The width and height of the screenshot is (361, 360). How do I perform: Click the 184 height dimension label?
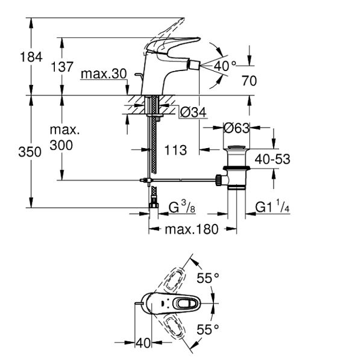(x=31, y=57)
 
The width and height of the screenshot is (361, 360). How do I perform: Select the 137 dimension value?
(x=62, y=67)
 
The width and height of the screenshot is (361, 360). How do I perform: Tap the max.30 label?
(x=104, y=74)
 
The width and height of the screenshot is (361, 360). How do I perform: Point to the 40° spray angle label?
(x=225, y=66)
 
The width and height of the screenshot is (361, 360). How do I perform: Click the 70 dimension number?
(x=249, y=81)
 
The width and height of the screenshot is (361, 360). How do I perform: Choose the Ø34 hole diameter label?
(x=193, y=112)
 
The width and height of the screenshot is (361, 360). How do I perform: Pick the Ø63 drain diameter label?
(x=236, y=128)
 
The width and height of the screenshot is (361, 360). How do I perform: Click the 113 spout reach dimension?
(x=175, y=151)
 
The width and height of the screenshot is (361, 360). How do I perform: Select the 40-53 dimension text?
(x=272, y=159)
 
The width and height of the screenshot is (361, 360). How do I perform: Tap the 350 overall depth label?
(x=30, y=152)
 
